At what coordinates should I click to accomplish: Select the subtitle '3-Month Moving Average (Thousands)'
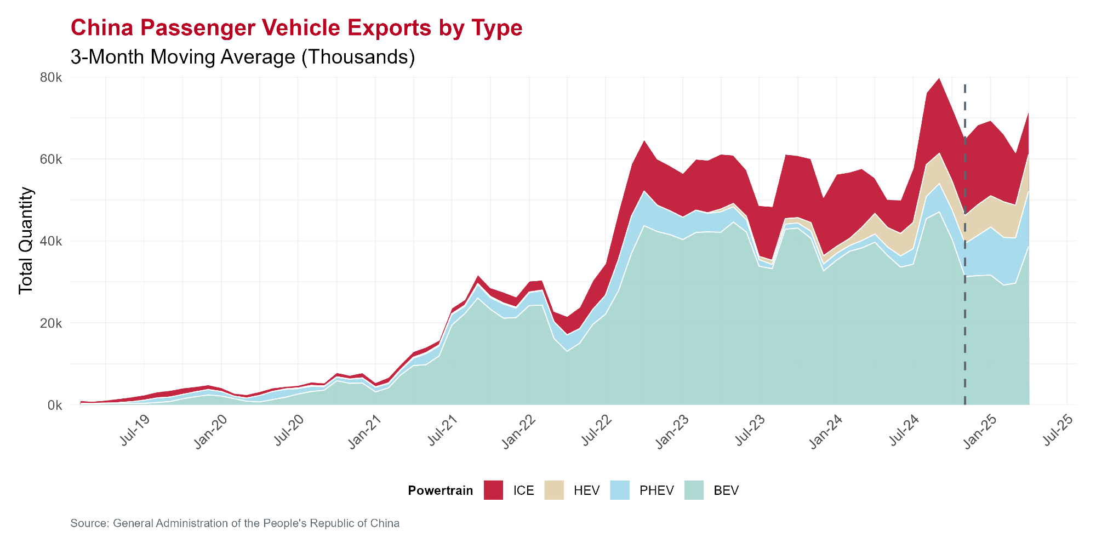(243, 57)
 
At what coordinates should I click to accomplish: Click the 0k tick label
(54, 406)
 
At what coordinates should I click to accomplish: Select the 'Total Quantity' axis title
(26, 241)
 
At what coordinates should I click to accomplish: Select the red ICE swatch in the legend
(493, 490)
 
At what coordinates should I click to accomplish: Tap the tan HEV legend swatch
(554, 490)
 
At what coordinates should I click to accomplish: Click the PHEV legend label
(657, 490)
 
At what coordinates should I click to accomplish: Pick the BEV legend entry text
(726, 490)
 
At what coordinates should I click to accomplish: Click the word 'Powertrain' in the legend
(440, 490)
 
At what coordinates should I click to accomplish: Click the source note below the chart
(235, 523)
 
